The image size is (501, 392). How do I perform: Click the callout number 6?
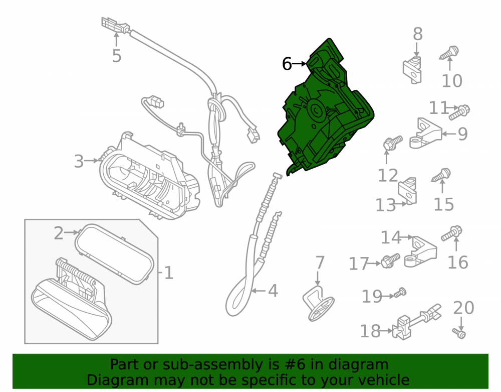tap(287, 64)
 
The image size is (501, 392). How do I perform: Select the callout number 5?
tap(117, 56)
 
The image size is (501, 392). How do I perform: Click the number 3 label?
tap(79, 161)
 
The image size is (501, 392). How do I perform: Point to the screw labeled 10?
tap(449, 53)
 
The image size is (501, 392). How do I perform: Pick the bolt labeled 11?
tap(459, 112)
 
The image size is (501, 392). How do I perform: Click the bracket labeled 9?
tap(425, 133)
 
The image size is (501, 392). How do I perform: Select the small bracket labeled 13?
tap(408, 191)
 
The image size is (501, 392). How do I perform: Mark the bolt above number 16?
tap(451, 233)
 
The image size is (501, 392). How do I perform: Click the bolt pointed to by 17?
tap(390, 261)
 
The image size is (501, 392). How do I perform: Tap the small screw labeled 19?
tap(400, 293)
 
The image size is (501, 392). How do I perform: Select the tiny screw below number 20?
tap(459, 333)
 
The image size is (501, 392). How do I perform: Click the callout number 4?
tap(273, 291)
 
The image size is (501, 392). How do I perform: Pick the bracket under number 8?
tap(412, 70)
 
